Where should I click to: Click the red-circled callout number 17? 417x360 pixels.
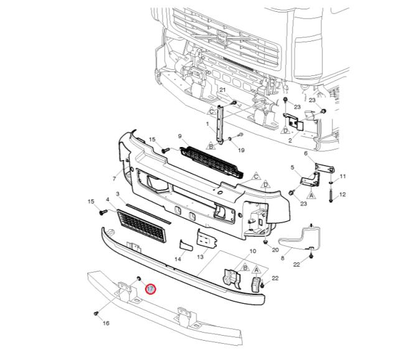point(151,289)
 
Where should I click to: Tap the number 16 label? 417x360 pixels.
point(106,323)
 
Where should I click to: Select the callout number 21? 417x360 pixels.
point(222,90)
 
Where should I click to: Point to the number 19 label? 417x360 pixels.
point(241,150)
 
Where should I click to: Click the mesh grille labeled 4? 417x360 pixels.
point(142,226)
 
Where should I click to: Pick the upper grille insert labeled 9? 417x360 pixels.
point(212,163)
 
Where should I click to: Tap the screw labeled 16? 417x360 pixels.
point(96,313)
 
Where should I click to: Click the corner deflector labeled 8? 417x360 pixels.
point(301,238)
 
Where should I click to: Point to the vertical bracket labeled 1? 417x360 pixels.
point(220,125)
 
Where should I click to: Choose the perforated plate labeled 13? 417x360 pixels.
point(207,239)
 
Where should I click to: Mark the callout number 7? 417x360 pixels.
point(115,179)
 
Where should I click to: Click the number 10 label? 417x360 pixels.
point(253,251)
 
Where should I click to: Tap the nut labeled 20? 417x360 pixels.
point(266,242)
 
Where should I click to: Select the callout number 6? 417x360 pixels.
point(306,153)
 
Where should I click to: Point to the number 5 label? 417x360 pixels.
point(293,168)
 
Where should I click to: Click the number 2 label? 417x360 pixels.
point(290,140)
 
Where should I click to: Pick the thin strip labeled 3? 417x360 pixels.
point(149,214)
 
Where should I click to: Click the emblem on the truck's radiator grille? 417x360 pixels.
point(222,37)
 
